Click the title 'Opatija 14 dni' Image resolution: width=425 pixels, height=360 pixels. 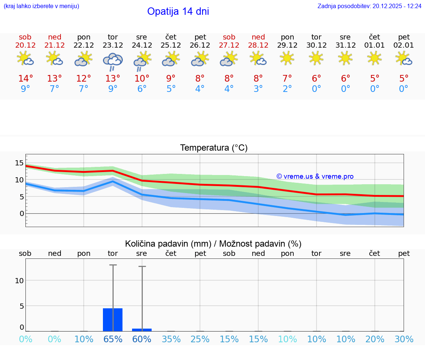pyautogui.click(x=178, y=11)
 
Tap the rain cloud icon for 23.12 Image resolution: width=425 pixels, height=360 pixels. pyautogui.click(x=113, y=61)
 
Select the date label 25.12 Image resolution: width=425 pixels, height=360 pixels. pyautogui.click(x=171, y=45)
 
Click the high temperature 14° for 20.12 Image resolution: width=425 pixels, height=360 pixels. pyautogui.click(x=25, y=78)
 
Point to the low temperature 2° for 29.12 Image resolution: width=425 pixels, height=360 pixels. pyautogui.click(x=287, y=89)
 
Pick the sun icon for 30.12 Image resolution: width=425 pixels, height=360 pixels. pyautogui.click(x=316, y=58)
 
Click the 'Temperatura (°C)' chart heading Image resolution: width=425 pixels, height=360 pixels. pyautogui.click(x=214, y=148)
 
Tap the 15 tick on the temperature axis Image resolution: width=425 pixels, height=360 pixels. pyautogui.click(x=19, y=163)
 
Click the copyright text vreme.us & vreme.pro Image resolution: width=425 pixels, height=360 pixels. pyautogui.click(x=315, y=176)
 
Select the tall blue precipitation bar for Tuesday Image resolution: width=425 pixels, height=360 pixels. pyautogui.click(x=113, y=320)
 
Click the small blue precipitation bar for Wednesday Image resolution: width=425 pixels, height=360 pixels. pyautogui.click(x=142, y=330)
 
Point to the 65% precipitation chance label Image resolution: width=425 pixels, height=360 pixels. pyautogui.click(x=113, y=339)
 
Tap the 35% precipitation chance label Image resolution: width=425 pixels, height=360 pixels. pyautogui.click(x=171, y=339)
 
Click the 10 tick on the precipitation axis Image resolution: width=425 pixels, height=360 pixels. pyautogui.click(x=19, y=280)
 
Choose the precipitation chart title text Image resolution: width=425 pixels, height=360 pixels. pyautogui.click(x=213, y=244)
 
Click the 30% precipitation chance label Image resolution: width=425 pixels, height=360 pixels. pyautogui.click(x=404, y=339)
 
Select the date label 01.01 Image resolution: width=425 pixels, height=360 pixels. pyautogui.click(x=374, y=45)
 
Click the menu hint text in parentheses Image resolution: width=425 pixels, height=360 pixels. pyautogui.click(x=41, y=6)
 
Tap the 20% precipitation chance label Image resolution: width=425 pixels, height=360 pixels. pyautogui.click(x=375, y=339)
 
